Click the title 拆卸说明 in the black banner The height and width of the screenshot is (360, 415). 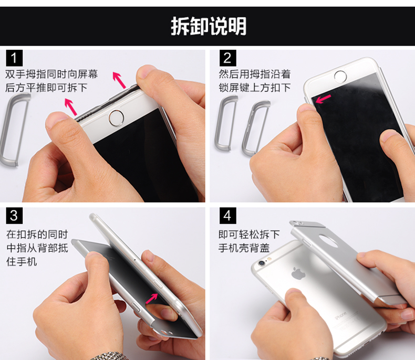(x=209, y=26)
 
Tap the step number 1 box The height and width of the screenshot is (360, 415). (x=14, y=58)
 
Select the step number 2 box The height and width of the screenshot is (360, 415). (x=227, y=58)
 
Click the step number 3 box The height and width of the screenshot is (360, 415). (x=14, y=215)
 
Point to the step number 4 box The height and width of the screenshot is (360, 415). (x=227, y=215)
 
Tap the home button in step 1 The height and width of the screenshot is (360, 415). (x=116, y=118)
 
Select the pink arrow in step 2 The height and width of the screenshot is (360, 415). (x=323, y=99)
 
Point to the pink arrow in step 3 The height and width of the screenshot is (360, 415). (x=152, y=299)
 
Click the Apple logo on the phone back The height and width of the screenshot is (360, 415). (x=298, y=273)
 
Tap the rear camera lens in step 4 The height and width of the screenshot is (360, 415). (x=262, y=263)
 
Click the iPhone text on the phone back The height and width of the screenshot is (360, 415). (x=341, y=315)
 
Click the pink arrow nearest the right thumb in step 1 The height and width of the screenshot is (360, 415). (x=119, y=80)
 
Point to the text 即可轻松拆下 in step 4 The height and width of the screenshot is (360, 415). (x=249, y=234)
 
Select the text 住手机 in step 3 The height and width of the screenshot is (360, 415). (x=22, y=262)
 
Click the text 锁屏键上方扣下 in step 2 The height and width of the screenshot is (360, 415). (x=255, y=88)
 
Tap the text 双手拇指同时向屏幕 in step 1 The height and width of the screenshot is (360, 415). (x=51, y=74)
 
